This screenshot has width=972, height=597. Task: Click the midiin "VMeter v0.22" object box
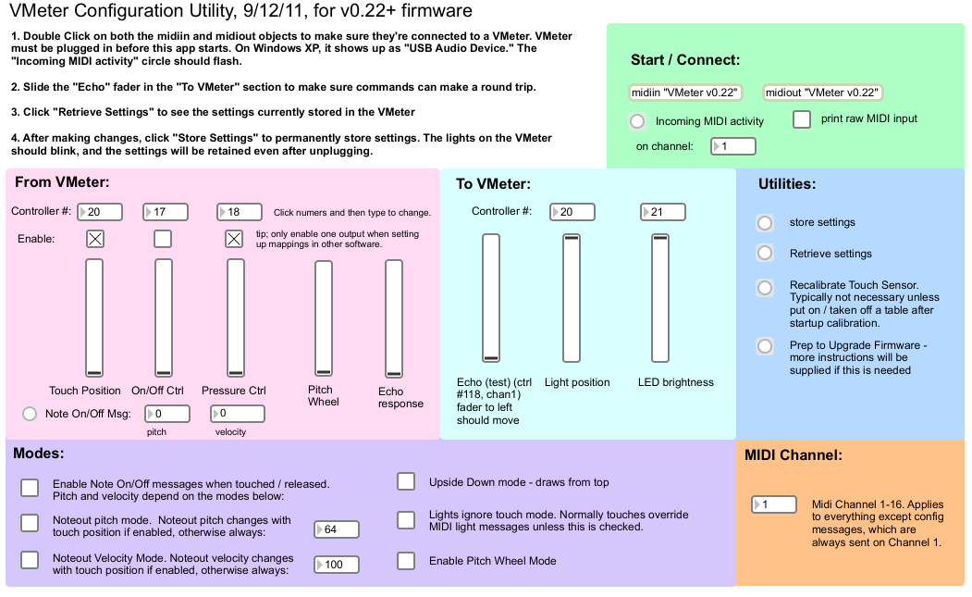point(685,93)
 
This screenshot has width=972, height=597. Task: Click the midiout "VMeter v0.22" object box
point(822,93)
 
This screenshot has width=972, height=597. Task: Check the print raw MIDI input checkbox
point(802,119)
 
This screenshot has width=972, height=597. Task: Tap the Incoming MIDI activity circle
point(637,121)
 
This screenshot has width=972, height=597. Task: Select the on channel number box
point(732,146)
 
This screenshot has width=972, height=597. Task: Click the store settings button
point(765,223)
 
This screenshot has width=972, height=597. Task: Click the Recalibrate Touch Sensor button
point(765,287)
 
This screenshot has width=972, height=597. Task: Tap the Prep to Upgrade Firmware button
point(765,345)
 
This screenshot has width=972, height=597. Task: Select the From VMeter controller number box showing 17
point(165,212)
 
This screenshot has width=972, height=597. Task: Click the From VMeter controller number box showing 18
point(240,212)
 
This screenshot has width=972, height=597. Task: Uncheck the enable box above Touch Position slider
point(95,239)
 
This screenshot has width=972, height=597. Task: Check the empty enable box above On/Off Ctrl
point(163,239)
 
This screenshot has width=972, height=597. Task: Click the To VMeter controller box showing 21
point(663,212)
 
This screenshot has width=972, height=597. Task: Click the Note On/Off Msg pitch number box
point(167,414)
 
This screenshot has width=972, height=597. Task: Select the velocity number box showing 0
point(238,414)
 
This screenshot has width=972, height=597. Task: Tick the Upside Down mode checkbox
point(406,481)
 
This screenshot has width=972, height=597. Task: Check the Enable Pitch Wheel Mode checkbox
point(406,561)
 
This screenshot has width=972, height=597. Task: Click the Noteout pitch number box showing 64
point(337,529)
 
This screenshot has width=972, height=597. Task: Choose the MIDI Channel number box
point(774,504)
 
